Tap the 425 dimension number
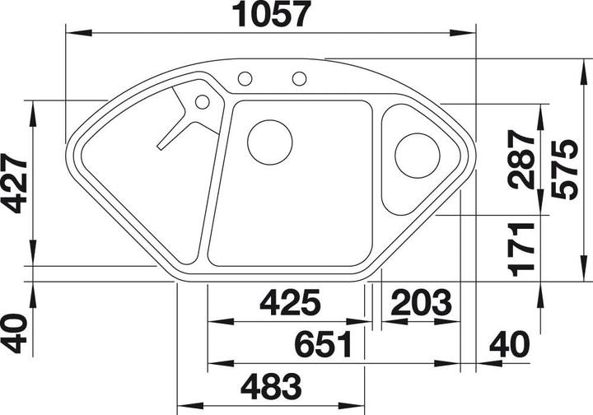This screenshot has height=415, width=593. [x=289, y=304]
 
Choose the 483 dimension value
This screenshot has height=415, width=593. [x=272, y=385]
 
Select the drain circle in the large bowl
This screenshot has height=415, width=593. [x=269, y=141]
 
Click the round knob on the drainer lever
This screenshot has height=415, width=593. [x=201, y=103]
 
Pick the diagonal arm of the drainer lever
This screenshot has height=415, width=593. [x=176, y=128]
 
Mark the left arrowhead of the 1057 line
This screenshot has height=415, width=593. [x=69, y=34]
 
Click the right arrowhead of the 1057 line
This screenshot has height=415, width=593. [x=472, y=34]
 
